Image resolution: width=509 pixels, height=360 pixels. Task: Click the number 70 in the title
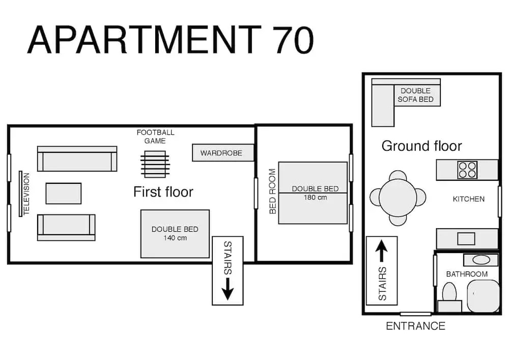point(293,40)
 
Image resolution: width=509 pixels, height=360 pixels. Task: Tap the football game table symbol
point(155,164)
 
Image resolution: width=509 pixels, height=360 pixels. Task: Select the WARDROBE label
point(221,153)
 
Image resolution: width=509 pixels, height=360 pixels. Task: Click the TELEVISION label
point(26,193)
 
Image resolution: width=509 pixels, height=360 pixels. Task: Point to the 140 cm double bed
point(175,234)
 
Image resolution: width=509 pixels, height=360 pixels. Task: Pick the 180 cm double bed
point(313,193)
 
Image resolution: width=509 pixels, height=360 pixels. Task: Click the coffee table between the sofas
point(63,193)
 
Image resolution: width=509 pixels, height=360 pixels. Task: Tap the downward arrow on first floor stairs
point(228,289)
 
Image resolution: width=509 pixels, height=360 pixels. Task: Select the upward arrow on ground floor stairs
point(381,251)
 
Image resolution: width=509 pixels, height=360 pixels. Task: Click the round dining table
point(398,198)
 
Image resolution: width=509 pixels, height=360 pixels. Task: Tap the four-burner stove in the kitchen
point(467,170)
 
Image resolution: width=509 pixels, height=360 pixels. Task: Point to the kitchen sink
point(466,239)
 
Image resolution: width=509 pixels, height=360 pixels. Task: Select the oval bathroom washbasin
point(481,260)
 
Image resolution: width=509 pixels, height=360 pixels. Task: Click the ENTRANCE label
point(415,326)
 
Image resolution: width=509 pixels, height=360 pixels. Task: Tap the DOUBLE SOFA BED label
point(415,95)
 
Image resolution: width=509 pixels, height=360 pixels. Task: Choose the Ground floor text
point(421,146)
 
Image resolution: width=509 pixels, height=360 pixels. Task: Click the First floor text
point(163,191)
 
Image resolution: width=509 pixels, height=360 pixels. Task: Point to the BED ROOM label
point(273,191)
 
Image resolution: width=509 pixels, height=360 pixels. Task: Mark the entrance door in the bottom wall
point(415,314)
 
